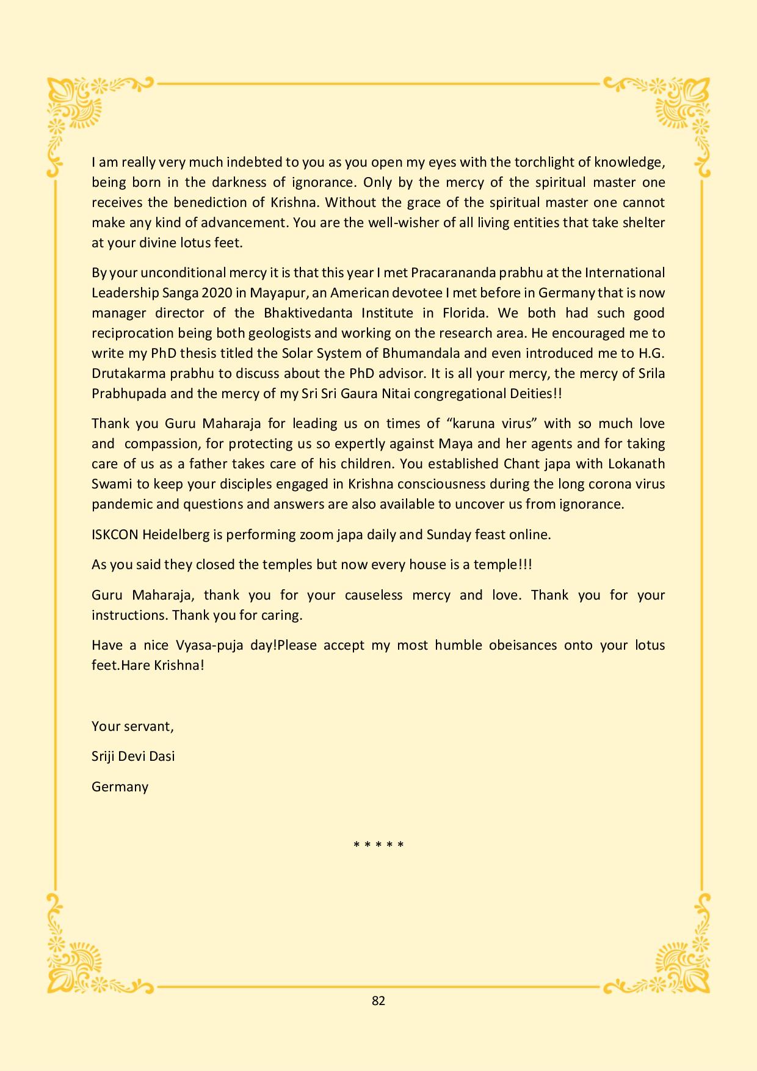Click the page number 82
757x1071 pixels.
pos(378,1000)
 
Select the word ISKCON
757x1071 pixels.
pos(115,534)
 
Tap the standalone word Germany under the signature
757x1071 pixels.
pos(120,786)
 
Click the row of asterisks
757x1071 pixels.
pos(378,845)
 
